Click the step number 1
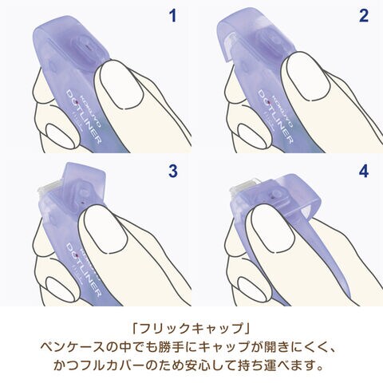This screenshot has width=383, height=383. point(173,15)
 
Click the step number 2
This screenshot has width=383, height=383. point(364,15)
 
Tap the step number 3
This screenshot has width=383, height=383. point(173,171)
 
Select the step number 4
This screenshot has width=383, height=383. point(364,171)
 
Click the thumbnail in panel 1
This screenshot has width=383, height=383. point(122,85)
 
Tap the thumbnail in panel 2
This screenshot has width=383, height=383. point(309,76)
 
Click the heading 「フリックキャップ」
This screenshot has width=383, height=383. point(191,328)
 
